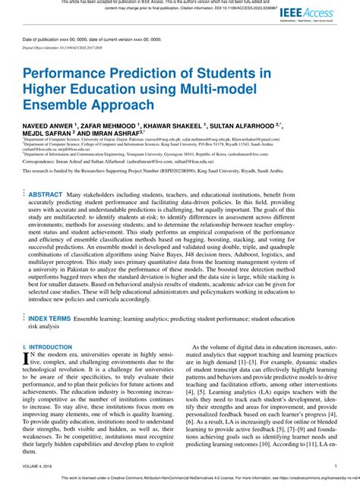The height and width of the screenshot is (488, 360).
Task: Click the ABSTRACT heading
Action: pyautogui.click(x=46, y=195)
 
